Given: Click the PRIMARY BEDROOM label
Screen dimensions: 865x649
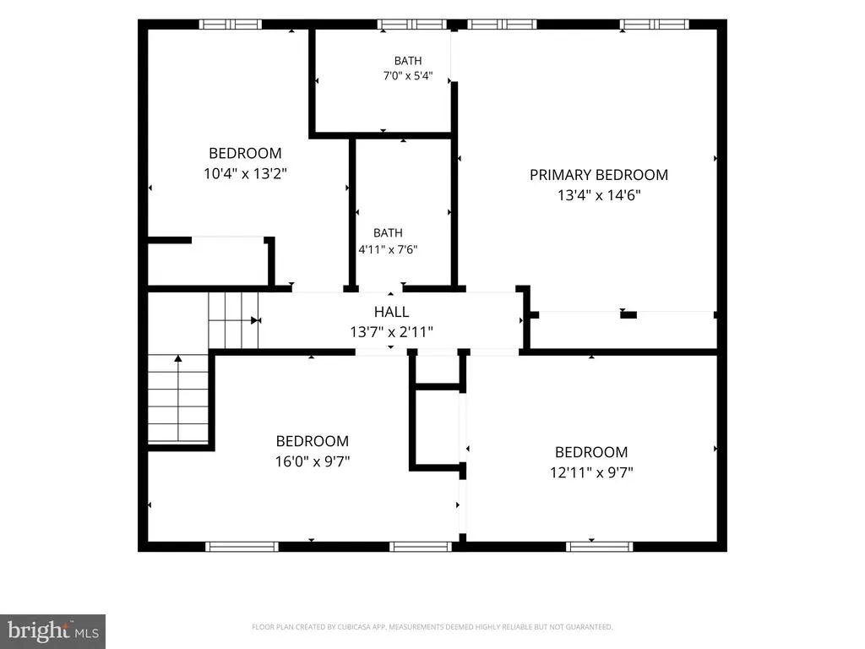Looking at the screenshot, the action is pyautogui.click(x=599, y=175).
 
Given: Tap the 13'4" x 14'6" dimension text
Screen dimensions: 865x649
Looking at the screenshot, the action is pyautogui.click(x=599, y=195).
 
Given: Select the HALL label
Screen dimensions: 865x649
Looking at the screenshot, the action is pyautogui.click(x=391, y=312).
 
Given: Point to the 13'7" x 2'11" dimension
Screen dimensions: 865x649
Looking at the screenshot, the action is pyautogui.click(x=391, y=331).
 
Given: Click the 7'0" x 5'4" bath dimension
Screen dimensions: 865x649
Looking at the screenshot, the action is pyautogui.click(x=408, y=75).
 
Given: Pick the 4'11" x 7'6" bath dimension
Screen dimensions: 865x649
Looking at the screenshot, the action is pyautogui.click(x=388, y=249).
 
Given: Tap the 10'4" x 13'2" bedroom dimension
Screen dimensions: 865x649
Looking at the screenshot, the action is pyautogui.click(x=245, y=173).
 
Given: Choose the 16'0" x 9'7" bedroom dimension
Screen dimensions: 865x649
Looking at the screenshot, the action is pyautogui.click(x=313, y=461).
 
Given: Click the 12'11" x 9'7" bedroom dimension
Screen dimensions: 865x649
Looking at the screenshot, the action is pyautogui.click(x=591, y=472).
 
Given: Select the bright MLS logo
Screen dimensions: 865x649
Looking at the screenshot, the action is pyautogui.click(x=52, y=630).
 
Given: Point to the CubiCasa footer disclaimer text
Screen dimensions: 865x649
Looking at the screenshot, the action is pyautogui.click(x=432, y=627).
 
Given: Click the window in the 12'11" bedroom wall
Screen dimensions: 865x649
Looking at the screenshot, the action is pyautogui.click(x=600, y=547).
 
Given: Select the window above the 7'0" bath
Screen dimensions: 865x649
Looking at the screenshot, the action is pyautogui.click(x=412, y=25).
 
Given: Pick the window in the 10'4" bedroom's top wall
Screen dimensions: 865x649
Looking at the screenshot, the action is pyautogui.click(x=230, y=25).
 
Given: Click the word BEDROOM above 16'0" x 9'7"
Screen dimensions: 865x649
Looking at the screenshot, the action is pyautogui.click(x=313, y=441).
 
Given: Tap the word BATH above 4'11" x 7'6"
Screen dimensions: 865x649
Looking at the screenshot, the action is pyautogui.click(x=388, y=233).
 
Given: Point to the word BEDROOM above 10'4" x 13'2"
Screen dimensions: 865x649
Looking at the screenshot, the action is pyautogui.click(x=245, y=153).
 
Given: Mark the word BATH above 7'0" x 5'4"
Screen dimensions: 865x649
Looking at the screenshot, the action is pyautogui.click(x=408, y=61).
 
